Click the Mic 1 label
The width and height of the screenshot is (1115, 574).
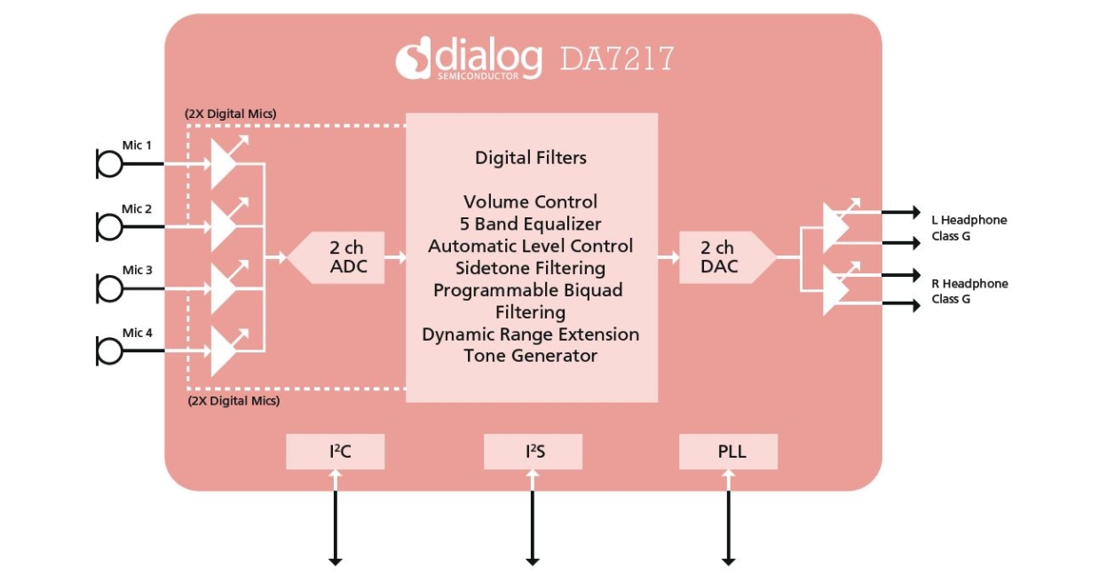[x=137, y=145]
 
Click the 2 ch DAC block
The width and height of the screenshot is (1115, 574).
[x=717, y=257]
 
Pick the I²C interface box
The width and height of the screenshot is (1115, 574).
[x=335, y=452]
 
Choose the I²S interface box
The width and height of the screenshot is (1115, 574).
[x=533, y=452]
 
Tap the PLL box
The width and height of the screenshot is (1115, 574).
[x=728, y=452]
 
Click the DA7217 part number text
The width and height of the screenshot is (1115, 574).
[x=616, y=59]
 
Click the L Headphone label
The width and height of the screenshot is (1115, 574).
[x=969, y=220]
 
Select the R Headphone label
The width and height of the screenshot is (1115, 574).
[x=969, y=284]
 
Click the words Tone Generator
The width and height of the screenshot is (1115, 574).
[x=530, y=356]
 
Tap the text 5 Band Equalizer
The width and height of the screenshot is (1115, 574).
[x=530, y=224]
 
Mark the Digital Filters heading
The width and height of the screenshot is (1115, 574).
[x=531, y=158]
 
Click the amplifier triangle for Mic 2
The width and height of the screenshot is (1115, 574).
[x=221, y=226]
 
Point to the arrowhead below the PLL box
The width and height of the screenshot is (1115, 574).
[x=728, y=560]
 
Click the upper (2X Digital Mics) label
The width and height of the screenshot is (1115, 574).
[x=231, y=114]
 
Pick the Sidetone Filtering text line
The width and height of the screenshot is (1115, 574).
[x=530, y=268]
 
